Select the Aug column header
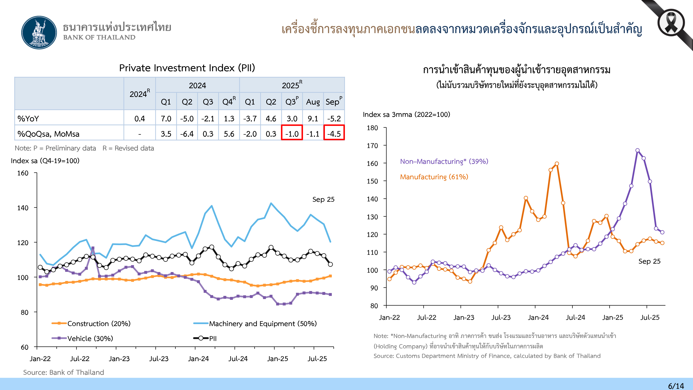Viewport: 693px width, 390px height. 313,102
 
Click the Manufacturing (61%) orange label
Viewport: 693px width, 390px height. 434,177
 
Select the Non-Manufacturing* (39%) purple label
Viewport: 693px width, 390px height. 444,162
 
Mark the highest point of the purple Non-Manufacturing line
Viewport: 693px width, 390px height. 637,150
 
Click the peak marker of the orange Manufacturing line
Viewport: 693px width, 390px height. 557,164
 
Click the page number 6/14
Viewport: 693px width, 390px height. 676,386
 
